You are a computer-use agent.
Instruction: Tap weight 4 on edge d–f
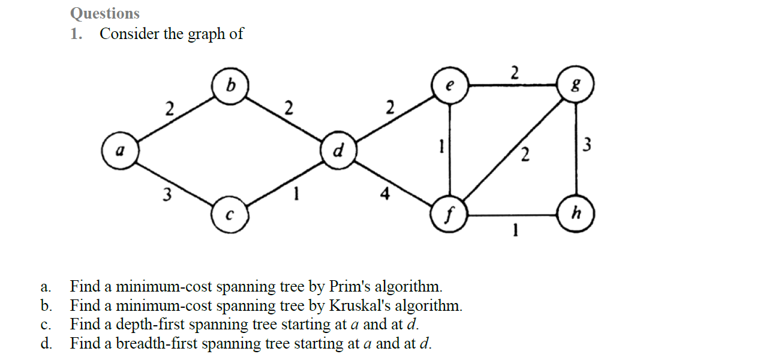coord(386,194)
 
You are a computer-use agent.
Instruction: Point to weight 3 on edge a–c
coord(168,194)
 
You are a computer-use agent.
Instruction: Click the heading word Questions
coord(105,13)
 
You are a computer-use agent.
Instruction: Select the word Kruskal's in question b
coord(360,305)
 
